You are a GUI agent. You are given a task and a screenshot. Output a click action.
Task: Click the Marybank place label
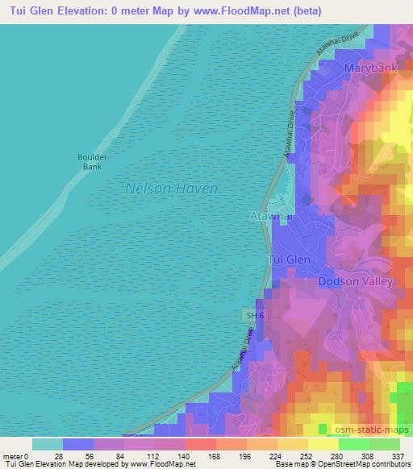click(371, 69)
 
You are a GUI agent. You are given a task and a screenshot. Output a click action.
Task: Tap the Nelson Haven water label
click(172, 188)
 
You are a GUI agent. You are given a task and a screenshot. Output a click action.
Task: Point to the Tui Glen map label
click(288, 259)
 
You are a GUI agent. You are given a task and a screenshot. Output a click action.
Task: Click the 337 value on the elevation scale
click(398, 455)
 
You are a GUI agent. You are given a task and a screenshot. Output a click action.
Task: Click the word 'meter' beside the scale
click(12, 455)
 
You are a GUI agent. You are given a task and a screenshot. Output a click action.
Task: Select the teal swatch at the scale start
click(48, 444)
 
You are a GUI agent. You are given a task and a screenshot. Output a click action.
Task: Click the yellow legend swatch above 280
click(323, 444)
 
